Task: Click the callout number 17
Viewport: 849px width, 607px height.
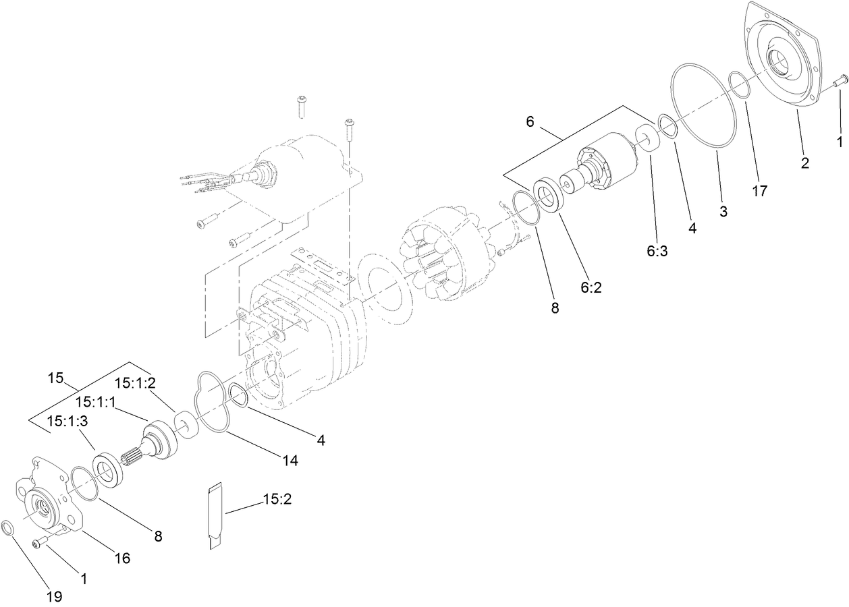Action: tap(759, 191)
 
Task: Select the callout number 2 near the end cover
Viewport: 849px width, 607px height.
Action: tap(805, 163)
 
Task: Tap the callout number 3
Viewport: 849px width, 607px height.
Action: tap(723, 211)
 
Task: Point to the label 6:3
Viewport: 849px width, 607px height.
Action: tap(657, 252)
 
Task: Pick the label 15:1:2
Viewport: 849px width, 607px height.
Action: tap(135, 383)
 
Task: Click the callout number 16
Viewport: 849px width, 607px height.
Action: tap(122, 558)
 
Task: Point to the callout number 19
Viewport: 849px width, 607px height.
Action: tap(54, 596)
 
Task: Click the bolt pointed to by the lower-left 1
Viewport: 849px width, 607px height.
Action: tap(40, 540)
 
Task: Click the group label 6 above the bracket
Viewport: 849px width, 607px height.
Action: tap(530, 121)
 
